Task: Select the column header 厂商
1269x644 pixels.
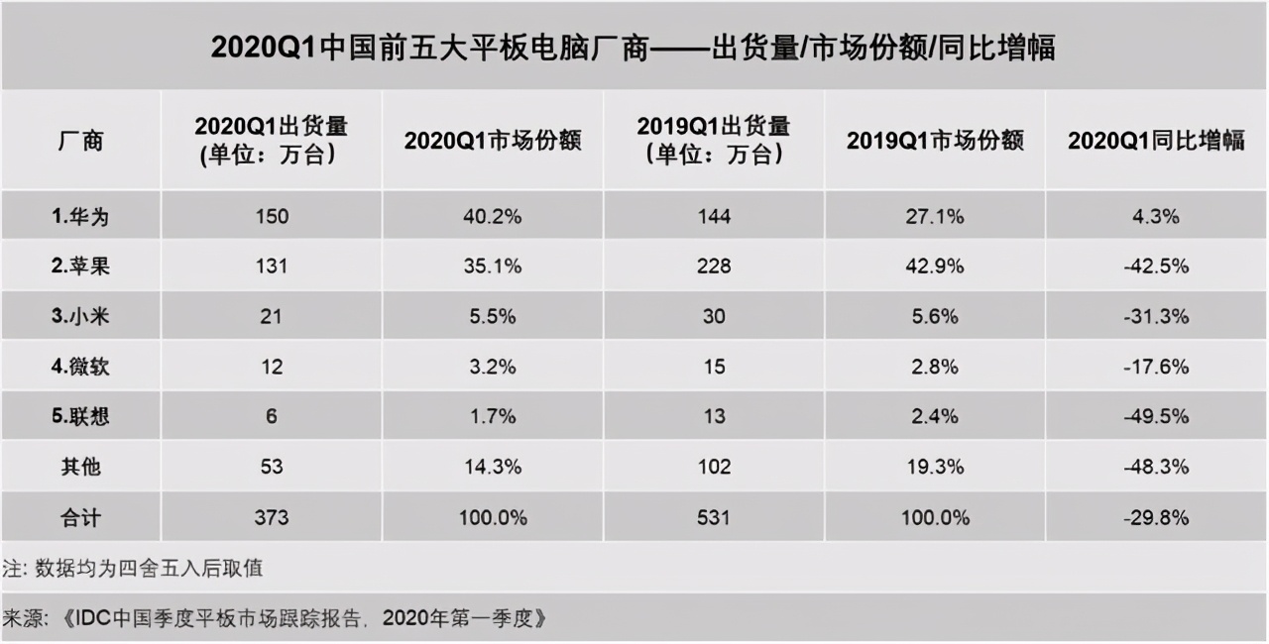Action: tap(79, 141)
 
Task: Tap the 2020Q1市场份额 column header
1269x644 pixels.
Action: tap(493, 141)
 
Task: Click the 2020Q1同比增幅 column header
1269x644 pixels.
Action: tap(1156, 141)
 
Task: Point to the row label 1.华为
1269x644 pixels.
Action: tap(79, 216)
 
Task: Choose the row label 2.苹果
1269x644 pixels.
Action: tap(79, 267)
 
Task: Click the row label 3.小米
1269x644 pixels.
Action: tap(79, 317)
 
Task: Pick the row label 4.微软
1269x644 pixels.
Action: tap(79, 367)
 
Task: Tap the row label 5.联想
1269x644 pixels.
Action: tap(79, 417)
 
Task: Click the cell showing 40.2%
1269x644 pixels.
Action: tap(493, 216)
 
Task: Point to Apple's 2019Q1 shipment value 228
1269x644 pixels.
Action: tap(713, 267)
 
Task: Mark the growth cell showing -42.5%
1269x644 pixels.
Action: tap(1156, 267)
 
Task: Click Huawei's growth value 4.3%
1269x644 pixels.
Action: tap(1156, 216)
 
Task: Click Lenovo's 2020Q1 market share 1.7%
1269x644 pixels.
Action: tap(493, 417)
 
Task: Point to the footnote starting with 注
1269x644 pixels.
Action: tap(133, 570)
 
